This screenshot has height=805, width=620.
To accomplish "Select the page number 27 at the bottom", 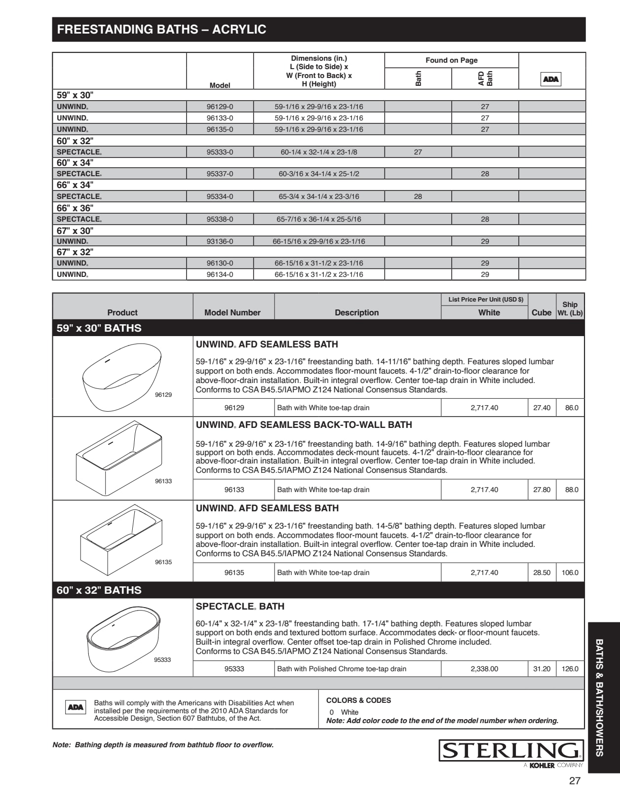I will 575,781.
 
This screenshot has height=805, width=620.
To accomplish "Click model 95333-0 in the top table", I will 220,152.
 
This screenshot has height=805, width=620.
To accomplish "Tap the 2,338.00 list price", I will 484,669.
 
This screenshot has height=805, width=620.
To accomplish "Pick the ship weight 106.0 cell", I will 570,573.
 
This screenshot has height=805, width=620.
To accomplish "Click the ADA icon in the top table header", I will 551,79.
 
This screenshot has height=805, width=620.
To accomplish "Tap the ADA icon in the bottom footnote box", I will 76,707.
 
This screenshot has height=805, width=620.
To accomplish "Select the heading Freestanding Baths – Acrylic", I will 161,30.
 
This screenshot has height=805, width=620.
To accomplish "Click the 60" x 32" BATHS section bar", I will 99,590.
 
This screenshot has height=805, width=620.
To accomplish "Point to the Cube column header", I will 542,312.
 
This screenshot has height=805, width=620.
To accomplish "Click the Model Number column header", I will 232,312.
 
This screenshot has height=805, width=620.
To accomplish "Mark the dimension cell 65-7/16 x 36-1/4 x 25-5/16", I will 318,219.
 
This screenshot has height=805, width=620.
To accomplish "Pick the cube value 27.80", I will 542,490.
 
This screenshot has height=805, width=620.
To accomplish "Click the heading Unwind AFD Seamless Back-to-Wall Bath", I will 304,425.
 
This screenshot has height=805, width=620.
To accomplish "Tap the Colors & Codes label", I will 358,700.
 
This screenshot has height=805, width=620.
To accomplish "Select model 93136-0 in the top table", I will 220,241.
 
